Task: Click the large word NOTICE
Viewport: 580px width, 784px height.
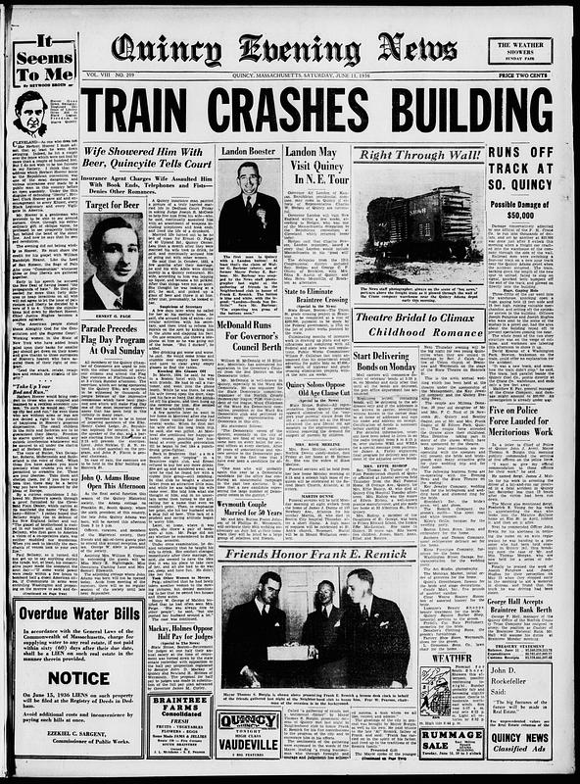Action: pos(79,676)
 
